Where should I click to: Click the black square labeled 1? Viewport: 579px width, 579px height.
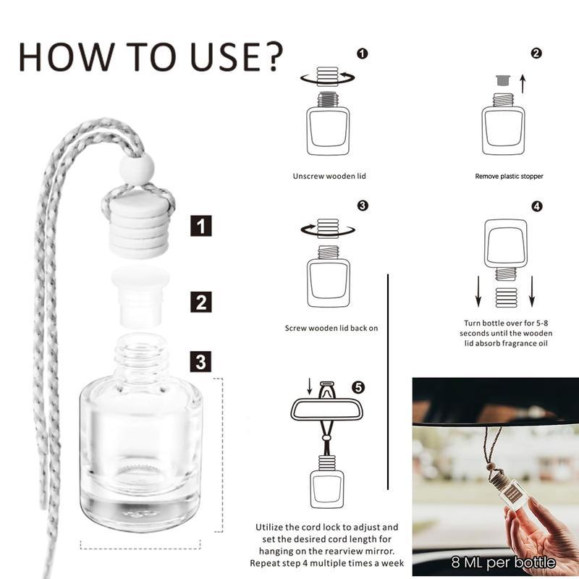click(x=200, y=226)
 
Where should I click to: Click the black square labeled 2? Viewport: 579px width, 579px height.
click(x=200, y=301)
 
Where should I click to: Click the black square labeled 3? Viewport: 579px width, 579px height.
click(x=200, y=360)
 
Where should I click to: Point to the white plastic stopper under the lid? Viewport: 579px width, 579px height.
click(x=140, y=293)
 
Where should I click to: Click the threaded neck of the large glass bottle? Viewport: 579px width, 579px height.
click(x=141, y=355)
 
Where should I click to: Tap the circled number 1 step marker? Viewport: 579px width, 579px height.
click(x=363, y=53)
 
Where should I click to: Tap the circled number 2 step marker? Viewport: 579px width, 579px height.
click(x=536, y=53)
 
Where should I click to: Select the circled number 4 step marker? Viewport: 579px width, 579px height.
click(x=536, y=206)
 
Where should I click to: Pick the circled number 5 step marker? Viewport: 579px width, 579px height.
click(x=358, y=386)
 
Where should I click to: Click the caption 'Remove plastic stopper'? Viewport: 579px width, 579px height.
click(x=509, y=176)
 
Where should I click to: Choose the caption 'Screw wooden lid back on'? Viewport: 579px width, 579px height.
click(x=331, y=328)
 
